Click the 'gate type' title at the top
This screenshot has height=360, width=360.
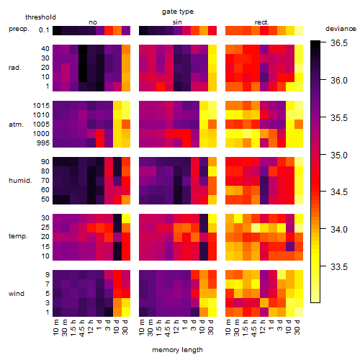(x=178, y=12)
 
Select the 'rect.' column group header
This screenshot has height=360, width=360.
(x=261, y=22)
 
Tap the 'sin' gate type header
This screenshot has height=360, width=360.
(x=177, y=22)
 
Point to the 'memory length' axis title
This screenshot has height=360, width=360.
(x=177, y=350)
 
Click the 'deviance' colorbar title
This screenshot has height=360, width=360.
(x=341, y=29)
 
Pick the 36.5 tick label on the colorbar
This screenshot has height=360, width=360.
(x=339, y=43)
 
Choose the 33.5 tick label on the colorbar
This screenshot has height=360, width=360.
(x=339, y=266)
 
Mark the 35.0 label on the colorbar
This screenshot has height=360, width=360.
(x=339, y=155)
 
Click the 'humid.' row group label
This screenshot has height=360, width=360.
(x=20, y=181)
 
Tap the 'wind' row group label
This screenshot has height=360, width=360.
(x=17, y=294)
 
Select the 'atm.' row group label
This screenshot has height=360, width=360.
(x=16, y=125)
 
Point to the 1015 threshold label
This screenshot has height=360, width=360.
(x=41, y=106)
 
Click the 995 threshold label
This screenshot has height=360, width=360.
(x=43, y=143)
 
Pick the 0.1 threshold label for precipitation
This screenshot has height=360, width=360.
(x=44, y=30)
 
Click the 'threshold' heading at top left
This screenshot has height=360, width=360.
(x=40, y=17)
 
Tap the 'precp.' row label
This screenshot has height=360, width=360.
(x=19, y=30)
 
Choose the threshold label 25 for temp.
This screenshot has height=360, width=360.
(x=45, y=228)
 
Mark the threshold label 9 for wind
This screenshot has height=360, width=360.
(x=48, y=275)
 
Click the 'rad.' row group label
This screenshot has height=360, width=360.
(x=15, y=68)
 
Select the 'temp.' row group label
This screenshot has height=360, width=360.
(x=18, y=236)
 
